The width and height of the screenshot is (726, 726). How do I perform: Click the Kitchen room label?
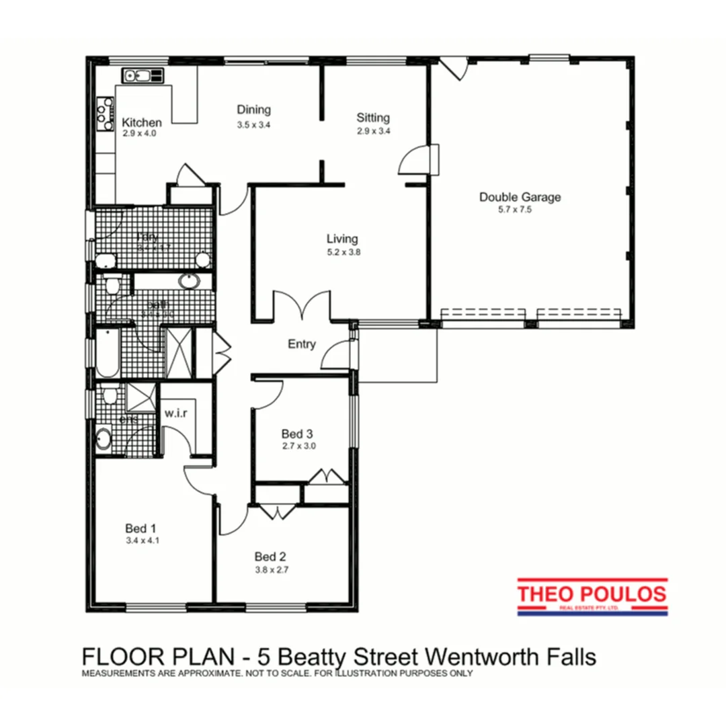pos(141,123)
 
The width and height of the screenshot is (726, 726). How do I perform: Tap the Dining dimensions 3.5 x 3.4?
pos(253,125)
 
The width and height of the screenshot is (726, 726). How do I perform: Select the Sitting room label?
pos(373,118)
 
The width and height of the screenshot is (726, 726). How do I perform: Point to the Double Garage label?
pos(520,197)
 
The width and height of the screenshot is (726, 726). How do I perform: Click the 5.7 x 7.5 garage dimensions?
pos(520,209)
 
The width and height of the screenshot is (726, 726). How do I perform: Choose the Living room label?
pos(342,239)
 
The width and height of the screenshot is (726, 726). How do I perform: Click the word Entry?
pos(302,344)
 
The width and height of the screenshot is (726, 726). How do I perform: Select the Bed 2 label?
pos(271,557)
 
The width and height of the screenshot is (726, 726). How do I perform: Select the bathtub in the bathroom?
pos(107,353)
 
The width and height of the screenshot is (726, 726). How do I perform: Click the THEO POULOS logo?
pos(592,596)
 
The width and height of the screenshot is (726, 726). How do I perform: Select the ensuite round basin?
pos(103,440)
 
